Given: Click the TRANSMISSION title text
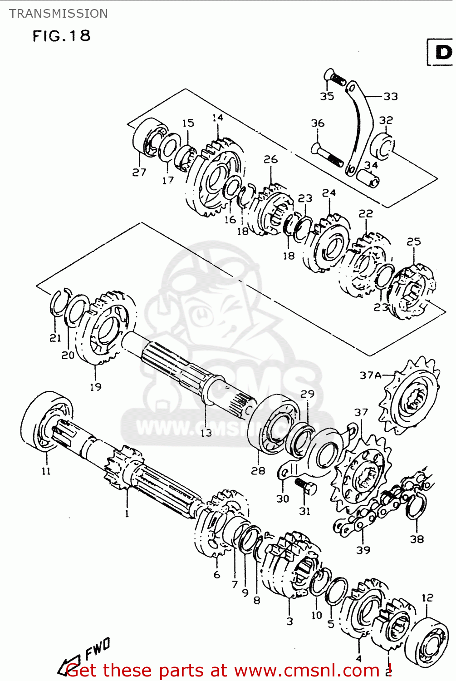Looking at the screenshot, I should (59, 14).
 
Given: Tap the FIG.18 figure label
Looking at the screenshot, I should (62, 36).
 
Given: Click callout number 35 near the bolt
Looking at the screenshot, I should (327, 96).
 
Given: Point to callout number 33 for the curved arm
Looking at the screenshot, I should (390, 96).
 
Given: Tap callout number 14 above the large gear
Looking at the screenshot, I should (218, 118).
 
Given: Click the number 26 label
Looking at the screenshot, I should (270, 159).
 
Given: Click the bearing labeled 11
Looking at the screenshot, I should (45, 422).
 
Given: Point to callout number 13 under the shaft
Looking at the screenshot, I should (206, 433).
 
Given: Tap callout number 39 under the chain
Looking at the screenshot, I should (363, 550).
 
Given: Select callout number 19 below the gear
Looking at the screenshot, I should (95, 387).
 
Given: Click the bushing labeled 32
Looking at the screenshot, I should (383, 146).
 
